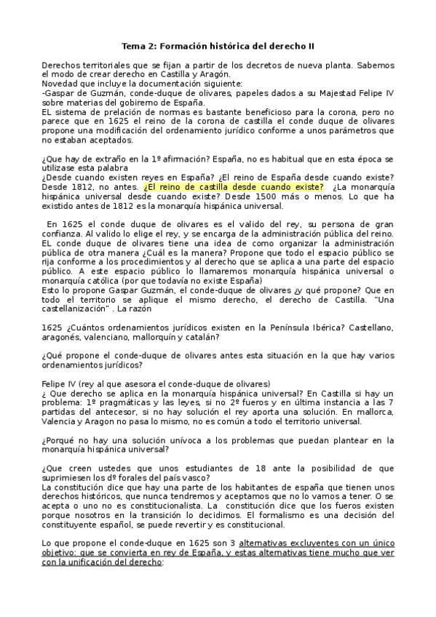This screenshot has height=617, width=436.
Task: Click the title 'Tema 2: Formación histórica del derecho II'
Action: [218, 46]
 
